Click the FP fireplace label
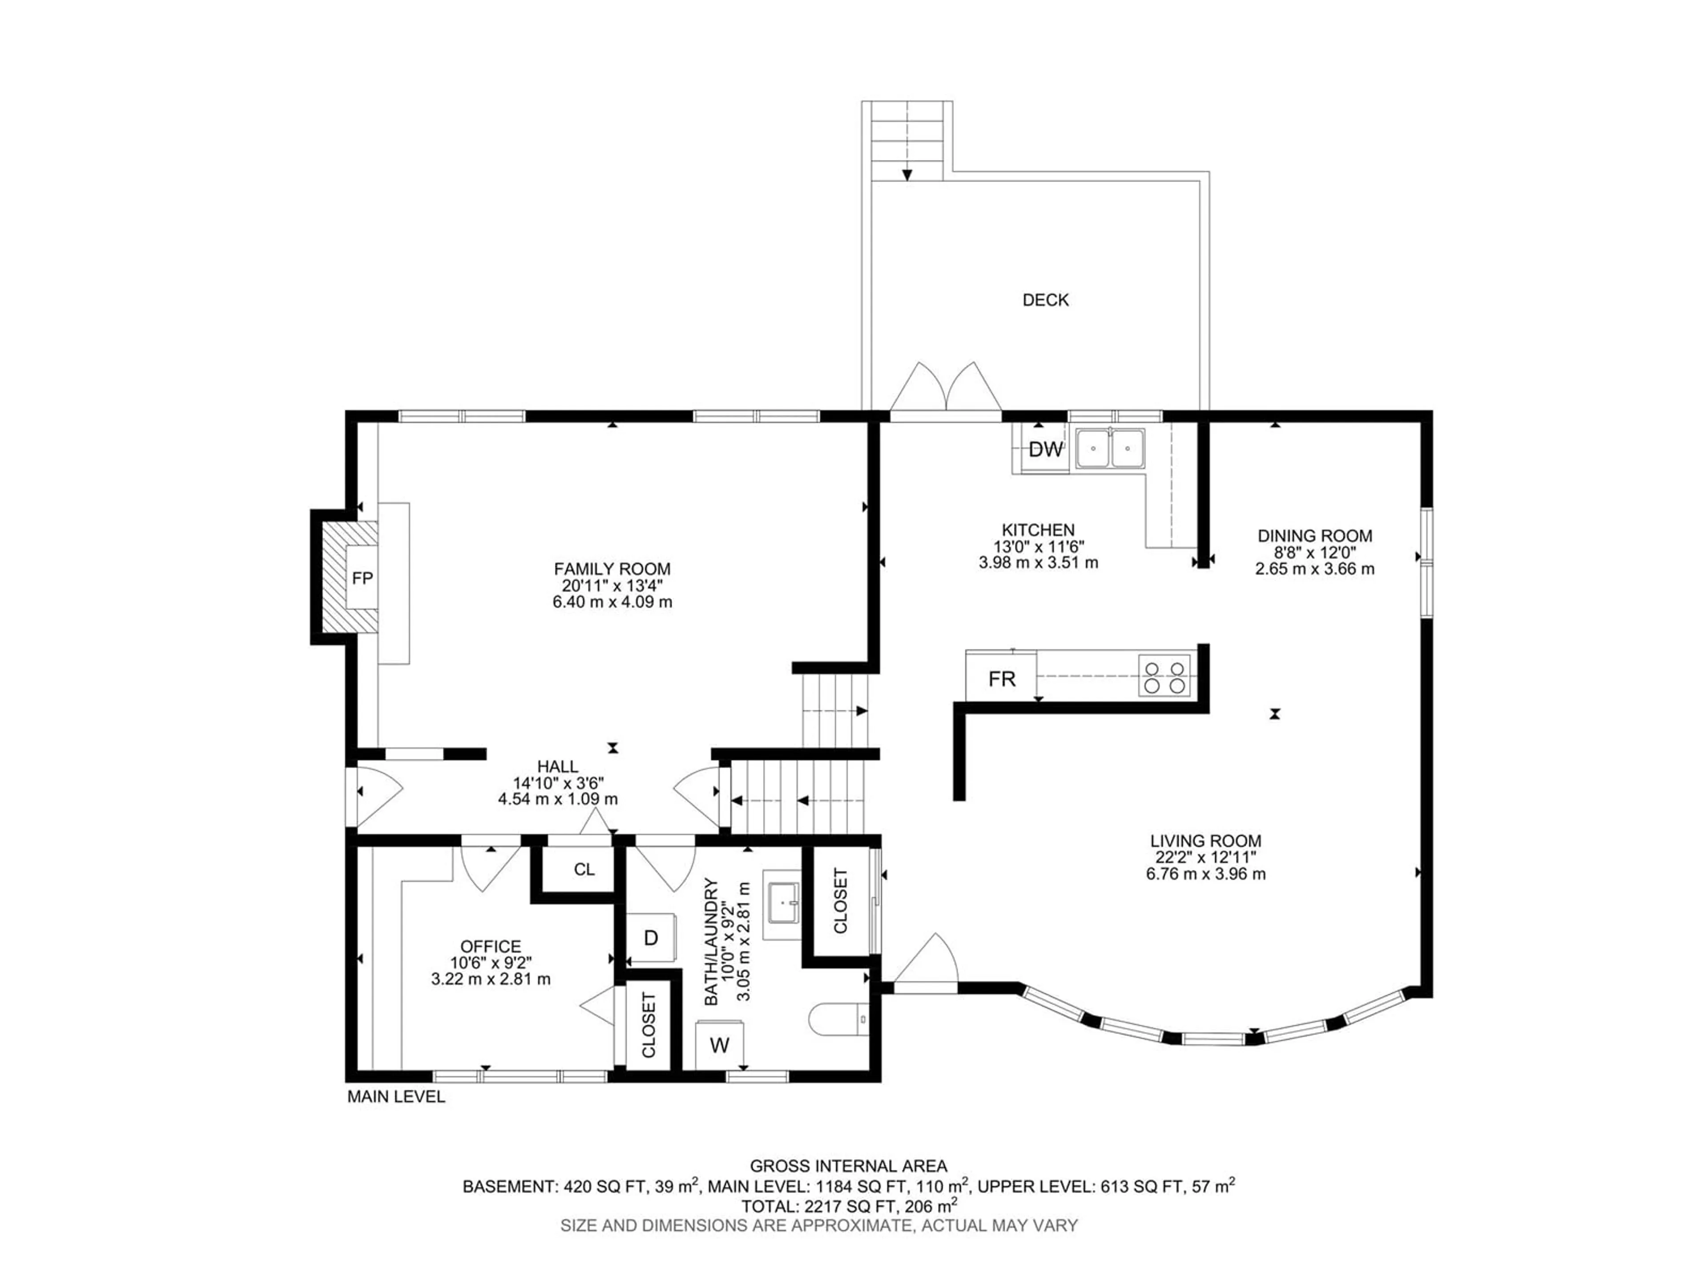(362, 578)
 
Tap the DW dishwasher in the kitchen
(1046, 449)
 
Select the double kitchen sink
(1110, 448)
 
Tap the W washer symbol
(720, 1045)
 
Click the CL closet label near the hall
(584, 870)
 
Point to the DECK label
(1046, 300)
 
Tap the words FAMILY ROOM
(612, 569)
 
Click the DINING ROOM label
(1315, 536)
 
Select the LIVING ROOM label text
(1205, 841)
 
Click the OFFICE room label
(490, 946)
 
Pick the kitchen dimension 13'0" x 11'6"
(1039, 547)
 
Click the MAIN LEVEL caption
(396, 1096)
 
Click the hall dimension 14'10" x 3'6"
(558, 783)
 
